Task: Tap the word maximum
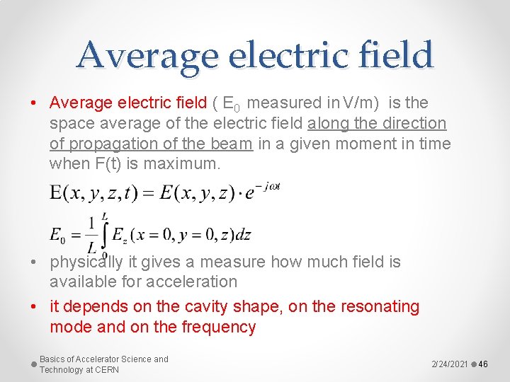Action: (x=186, y=164)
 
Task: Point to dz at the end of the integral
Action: (x=243, y=235)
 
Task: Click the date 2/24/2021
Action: (x=450, y=364)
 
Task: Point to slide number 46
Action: (x=484, y=364)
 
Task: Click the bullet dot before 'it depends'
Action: (x=35, y=307)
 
